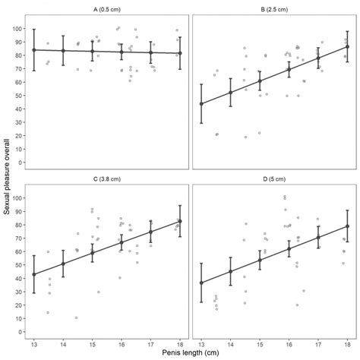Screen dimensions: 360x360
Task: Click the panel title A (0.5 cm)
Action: [106, 11]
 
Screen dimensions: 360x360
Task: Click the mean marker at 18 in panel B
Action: [347, 47]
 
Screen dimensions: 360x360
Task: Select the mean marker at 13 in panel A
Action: [33, 50]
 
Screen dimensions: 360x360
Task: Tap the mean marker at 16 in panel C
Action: [121, 243]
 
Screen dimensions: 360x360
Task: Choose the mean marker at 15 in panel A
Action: [92, 52]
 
